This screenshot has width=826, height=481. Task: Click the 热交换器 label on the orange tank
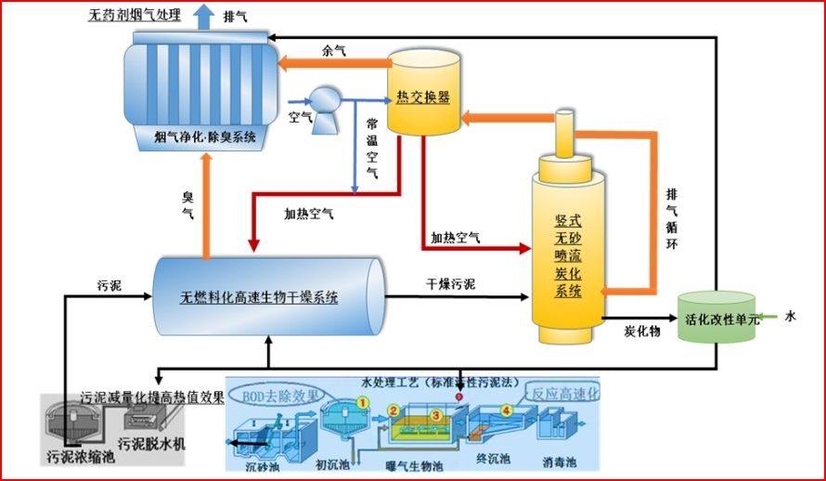(x=423, y=97)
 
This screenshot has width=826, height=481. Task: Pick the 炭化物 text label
(x=642, y=331)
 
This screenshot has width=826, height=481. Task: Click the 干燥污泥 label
(x=452, y=283)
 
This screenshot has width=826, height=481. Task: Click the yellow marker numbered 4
(x=506, y=409)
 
